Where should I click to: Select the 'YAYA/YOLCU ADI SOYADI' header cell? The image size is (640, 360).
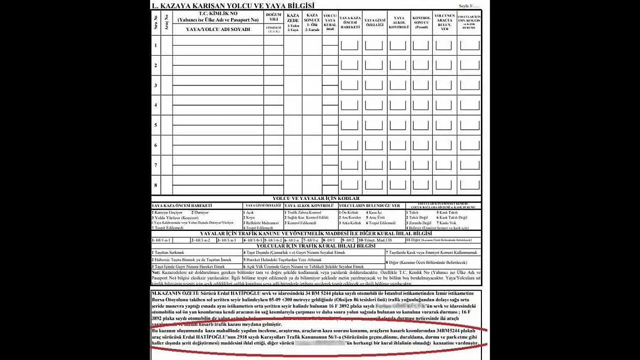coord(218,29)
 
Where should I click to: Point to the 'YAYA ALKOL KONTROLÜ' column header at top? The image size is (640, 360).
coord(398,23)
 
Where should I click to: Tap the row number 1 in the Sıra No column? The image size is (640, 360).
coord(155,45)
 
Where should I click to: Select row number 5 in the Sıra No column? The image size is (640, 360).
coord(155,125)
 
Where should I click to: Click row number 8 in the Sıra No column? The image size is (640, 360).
coord(155,185)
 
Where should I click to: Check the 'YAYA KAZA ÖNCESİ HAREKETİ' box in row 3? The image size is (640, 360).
coord(349,85)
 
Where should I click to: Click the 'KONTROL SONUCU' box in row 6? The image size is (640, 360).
coord(421,145)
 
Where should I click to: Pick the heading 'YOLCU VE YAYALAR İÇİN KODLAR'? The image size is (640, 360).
coord(316,199)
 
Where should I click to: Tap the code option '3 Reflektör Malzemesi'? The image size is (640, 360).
coord(261,223)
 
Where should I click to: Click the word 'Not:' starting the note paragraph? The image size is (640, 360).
coord(156,273)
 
